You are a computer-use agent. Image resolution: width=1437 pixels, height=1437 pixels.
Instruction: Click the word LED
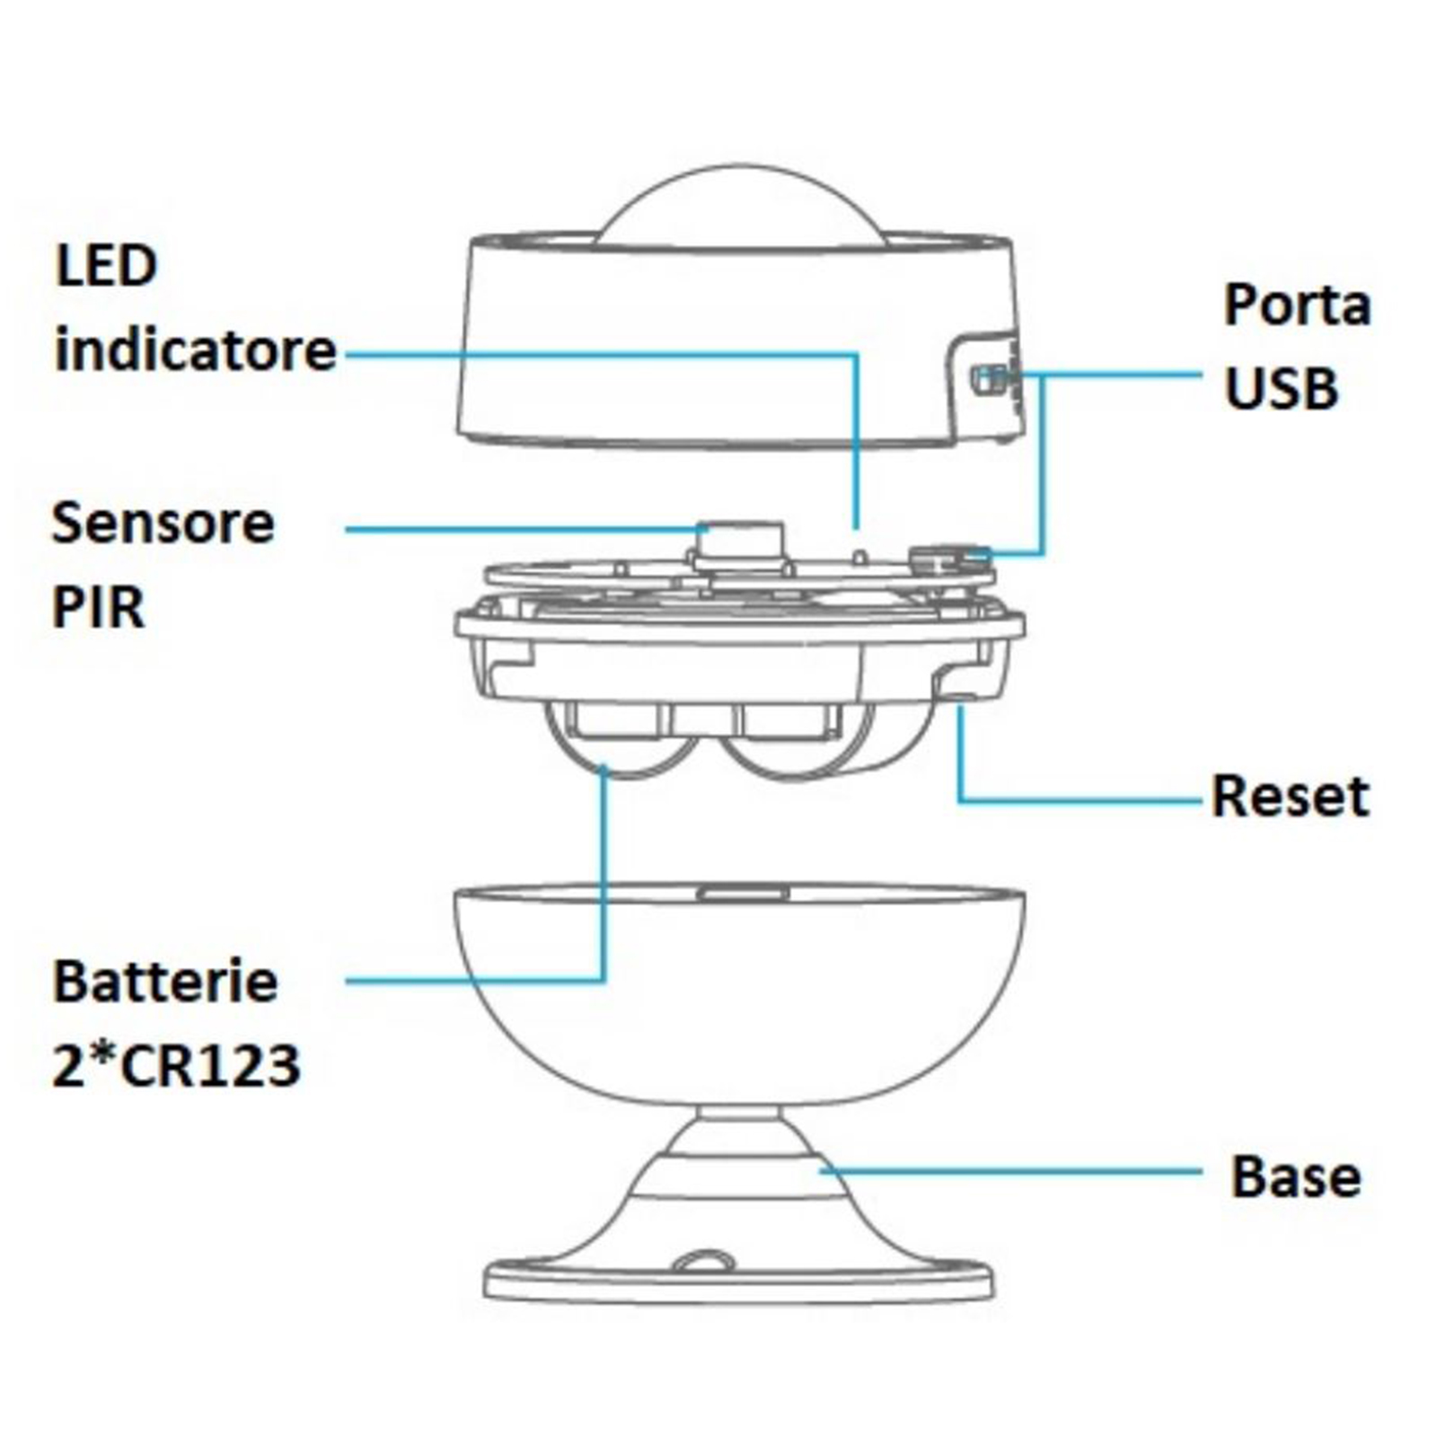point(106,266)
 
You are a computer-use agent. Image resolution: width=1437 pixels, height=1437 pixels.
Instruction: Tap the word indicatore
point(195,350)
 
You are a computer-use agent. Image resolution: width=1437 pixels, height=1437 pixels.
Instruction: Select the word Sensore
point(163,523)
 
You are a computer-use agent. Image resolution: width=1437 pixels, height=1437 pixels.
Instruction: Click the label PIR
point(98,608)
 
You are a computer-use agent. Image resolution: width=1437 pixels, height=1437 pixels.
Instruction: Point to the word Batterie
point(165,981)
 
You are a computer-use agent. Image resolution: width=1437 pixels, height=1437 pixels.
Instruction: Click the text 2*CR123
point(176,1066)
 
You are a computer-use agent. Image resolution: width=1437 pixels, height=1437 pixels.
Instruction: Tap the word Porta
point(1297,305)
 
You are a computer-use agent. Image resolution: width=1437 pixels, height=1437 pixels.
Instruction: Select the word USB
point(1281,389)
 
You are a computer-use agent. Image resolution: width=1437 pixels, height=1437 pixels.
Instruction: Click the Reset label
point(1290,796)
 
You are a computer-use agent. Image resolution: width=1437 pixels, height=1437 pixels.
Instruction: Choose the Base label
point(1295,1177)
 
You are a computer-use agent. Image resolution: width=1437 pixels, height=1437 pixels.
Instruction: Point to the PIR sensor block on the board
point(742,542)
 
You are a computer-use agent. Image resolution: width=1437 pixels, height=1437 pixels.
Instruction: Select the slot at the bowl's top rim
point(744,893)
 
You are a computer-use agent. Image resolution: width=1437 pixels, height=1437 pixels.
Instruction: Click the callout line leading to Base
point(1015,1170)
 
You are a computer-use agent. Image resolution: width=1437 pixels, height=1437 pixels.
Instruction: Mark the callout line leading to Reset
point(1078,798)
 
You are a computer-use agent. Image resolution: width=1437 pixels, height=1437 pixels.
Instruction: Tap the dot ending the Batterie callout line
point(604,769)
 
